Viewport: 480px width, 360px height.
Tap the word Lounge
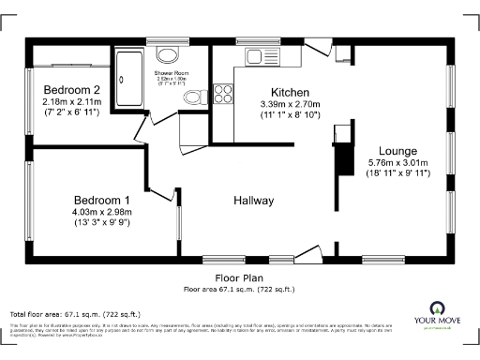[x=398, y=150]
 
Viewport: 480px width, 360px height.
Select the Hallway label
[x=253, y=201]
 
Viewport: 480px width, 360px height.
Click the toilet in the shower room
[x=193, y=97]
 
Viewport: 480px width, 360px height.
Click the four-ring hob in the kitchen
[x=223, y=93]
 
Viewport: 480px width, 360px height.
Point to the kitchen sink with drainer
[x=264, y=56]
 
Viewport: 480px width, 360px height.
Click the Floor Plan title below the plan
[x=239, y=277]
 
